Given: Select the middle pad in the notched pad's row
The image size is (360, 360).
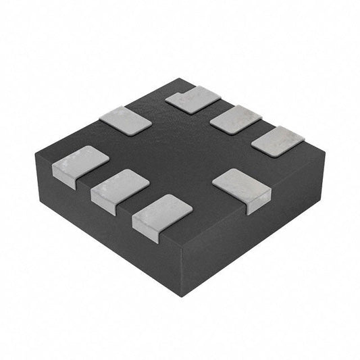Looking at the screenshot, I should [x=236, y=120].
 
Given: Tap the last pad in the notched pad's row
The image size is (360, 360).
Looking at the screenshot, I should [x=278, y=141].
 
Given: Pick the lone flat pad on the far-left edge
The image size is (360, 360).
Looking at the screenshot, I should [x=125, y=119].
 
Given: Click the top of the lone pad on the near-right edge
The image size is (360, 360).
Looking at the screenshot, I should [x=239, y=183].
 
